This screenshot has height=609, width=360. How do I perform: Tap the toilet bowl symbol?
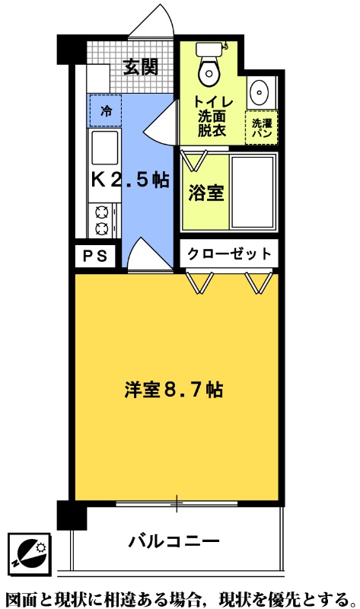pyautogui.click(x=206, y=68)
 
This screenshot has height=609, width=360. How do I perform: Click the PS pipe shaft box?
pyautogui.click(x=96, y=255)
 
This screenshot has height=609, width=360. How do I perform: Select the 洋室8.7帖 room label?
pyautogui.click(x=174, y=389)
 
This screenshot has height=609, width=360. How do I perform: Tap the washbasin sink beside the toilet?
pyautogui.click(x=259, y=92)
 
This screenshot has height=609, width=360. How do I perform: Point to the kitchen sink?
pyautogui.click(x=104, y=146)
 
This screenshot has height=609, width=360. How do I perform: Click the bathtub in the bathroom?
pyautogui.click(x=253, y=193)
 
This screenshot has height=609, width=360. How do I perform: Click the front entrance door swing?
pyautogui.click(x=151, y=25)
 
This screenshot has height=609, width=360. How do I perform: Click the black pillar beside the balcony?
pyautogui.click(x=72, y=515)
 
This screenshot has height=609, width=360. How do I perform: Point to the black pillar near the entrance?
pyautogui.click(x=72, y=49)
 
